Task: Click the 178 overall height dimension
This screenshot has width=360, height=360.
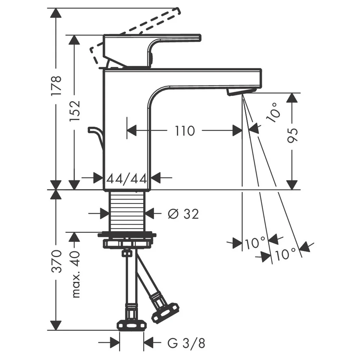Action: click(x=56, y=85)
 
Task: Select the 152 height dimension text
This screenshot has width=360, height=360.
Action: click(x=75, y=111)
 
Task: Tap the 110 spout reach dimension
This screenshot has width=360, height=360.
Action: click(x=185, y=131)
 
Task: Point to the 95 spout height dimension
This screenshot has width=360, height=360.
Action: click(x=292, y=135)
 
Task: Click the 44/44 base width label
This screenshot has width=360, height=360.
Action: click(x=127, y=179)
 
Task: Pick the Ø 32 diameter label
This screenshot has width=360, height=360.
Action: click(x=183, y=214)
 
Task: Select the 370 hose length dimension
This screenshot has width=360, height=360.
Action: click(x=56, y=261)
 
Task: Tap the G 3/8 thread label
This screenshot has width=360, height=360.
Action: click(x=186, y=343)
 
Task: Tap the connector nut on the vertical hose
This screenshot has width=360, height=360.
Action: click(x=131, y=325)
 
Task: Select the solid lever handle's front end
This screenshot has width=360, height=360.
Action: click(x=199, y=38)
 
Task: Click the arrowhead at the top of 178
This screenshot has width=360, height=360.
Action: click(x=56, y=12)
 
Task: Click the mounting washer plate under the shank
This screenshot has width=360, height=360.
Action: click(x=127, y=235)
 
